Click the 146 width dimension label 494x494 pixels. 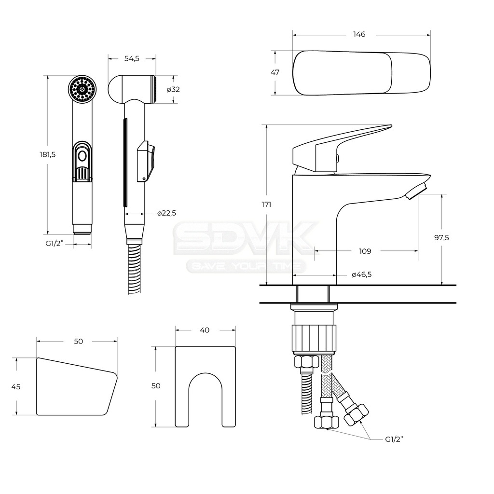(x=359, y=34)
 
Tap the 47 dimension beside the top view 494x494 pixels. (x=275, y=72)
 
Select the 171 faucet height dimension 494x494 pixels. (x=266, y=205)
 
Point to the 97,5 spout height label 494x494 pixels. (x=441, y=237)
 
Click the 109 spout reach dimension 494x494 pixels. (x=365, y=251)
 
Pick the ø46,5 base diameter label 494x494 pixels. (x=362, y=274)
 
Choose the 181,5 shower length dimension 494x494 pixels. (x=47, y=154)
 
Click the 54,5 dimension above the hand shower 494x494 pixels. (x=132, y=58)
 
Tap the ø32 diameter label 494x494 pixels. (x=173, y=89)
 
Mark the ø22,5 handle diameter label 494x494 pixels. (x=166, y=213)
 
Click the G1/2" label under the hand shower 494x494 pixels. (x=55, y=243)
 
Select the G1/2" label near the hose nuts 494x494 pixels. (x=394, y=439)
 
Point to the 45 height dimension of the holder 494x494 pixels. (x=16, y=386)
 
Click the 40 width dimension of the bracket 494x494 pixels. (x=205, y=330)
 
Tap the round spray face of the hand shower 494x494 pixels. (x=82, y=89)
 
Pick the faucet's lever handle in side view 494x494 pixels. (x=342, y=148)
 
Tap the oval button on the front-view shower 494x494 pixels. (x=82, y=156)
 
